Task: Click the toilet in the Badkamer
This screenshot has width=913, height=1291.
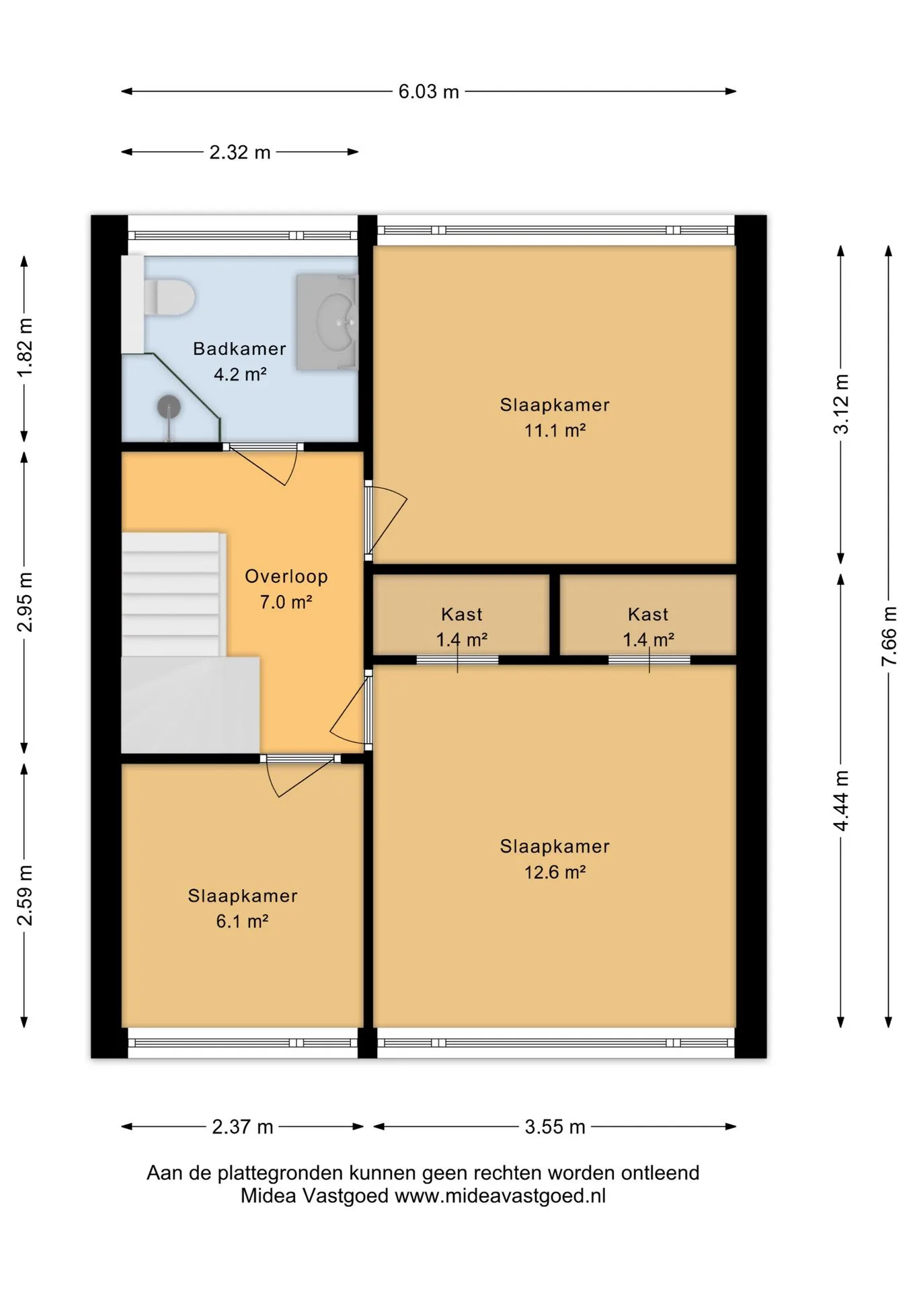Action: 169,297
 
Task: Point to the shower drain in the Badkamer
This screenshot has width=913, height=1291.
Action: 169,407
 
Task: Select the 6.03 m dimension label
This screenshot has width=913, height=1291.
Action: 428,91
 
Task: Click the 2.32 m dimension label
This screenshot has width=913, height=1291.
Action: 240,152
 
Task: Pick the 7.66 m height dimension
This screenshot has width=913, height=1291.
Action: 889,636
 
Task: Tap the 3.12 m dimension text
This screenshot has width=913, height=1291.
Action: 841,404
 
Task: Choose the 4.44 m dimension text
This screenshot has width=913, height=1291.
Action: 841,801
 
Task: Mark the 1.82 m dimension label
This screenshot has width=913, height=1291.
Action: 25,348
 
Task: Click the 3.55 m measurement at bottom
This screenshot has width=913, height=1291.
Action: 555,1127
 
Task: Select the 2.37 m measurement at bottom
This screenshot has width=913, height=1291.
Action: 243,1127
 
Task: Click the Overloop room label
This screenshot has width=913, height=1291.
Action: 286,576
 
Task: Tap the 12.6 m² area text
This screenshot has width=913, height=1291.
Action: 555,872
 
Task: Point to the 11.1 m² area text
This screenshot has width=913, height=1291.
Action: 555,430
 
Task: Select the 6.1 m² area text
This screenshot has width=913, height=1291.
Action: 242,921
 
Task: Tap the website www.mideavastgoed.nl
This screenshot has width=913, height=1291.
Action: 500,1196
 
